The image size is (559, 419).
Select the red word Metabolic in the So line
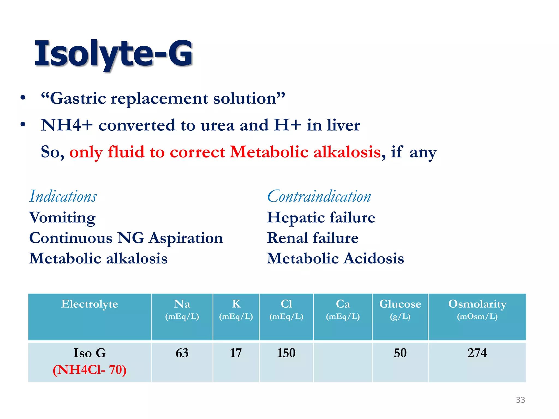269,152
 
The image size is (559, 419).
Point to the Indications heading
63,196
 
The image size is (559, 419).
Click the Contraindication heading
319,196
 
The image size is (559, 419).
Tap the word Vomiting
63,218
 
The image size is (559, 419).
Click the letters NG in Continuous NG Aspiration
130,238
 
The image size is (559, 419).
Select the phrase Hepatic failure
321,217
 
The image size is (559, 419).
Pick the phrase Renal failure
313,238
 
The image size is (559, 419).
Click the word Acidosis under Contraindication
373,258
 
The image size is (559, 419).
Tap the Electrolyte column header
90,304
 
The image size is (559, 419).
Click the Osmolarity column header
477,304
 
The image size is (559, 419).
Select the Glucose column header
400,304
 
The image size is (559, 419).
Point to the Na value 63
182,353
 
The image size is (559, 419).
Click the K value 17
236,353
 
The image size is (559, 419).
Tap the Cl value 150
286,353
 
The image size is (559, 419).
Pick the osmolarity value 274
477,353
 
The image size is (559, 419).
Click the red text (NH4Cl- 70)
90,370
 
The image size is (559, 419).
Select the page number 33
520,400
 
